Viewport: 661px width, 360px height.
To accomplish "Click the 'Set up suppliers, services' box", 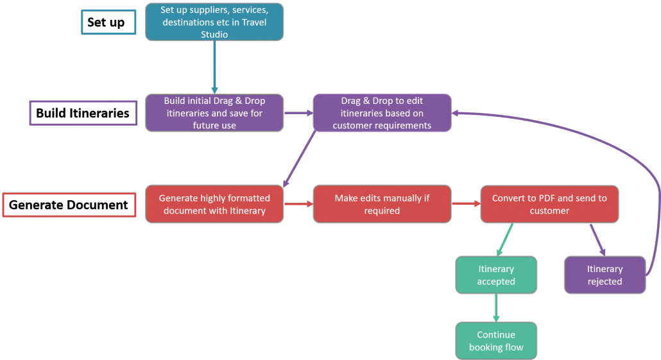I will (x=214, y=22).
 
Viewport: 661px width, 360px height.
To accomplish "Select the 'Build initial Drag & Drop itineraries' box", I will (x=214, y=113).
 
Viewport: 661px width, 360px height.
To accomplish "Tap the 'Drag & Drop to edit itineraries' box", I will (x=382, y=113).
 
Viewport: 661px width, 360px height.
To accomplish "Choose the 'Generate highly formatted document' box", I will (x=214, y=204).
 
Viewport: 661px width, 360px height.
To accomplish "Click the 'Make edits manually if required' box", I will (x=382, y=204).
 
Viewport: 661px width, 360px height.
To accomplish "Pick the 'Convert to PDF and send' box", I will (x=549, y=204).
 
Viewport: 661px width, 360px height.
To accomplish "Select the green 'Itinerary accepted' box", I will (x=495, y=275).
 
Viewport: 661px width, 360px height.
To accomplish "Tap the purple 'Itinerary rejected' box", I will (x=605, y=275).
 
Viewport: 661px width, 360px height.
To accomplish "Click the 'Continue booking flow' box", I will (x=495, y=341).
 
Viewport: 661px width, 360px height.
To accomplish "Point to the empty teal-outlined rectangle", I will (x=108, y=22).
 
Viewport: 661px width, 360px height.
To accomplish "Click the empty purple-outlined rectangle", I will (x=83, y=113).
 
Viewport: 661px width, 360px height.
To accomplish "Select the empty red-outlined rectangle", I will (x=69, y=205).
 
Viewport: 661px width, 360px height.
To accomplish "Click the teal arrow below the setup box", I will (x=214, y=67).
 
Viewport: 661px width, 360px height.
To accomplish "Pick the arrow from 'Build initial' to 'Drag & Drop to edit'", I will (x=298, y=113).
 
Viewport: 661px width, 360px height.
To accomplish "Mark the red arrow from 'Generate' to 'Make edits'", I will (x=298, y=204).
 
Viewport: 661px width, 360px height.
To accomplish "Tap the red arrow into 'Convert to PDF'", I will (x=466, y=204).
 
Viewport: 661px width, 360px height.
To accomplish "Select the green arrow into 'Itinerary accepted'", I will (x=504, y=240).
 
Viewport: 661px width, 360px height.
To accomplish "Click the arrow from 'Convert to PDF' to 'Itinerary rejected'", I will (x=597, y=240).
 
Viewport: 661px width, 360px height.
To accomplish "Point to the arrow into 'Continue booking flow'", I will (x=495, y=308).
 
